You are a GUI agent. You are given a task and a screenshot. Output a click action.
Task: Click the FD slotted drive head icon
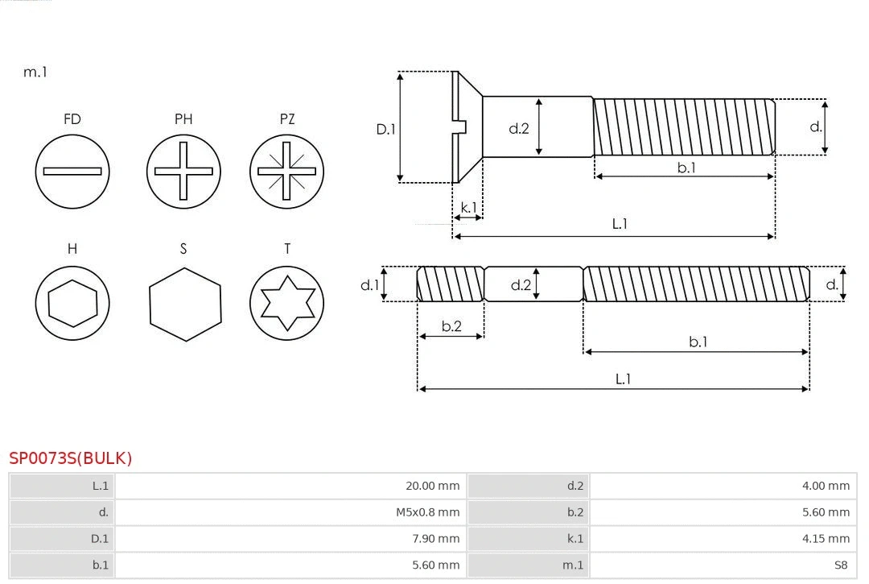pyautogui.click(x=72, y=172)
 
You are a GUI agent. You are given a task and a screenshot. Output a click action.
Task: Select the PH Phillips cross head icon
pyautogui.click(x=183, y=172)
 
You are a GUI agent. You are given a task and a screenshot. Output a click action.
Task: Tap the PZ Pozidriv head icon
pyautogui.click(x=286, y=172)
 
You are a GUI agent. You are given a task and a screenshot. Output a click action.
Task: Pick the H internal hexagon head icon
pyautogui.click(x=72, y=303)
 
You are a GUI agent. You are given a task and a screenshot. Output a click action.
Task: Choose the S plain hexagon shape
pyautogui.click(x=185, y=304)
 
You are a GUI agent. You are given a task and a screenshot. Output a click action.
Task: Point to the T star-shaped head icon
pyautogui.click(x=286, y=303)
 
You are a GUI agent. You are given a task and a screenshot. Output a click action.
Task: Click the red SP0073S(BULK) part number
pyautogui.click(x=71, y=458)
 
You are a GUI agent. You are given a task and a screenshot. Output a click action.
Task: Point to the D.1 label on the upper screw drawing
pyautogui.click(x=387, y=129)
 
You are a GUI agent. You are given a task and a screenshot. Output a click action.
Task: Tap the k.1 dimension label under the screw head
pyautogui.click(x=467, y=207)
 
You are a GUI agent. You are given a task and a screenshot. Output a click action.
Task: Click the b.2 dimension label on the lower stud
pyautogui.click(x=451, y=326)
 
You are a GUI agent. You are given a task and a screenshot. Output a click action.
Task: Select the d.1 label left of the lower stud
pyautogui.click(x=369, y=284)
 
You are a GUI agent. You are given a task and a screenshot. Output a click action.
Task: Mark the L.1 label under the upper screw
pyautogui.click(x=620, y=224)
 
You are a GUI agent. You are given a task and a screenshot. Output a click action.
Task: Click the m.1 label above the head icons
pyautogui.click(x=35, y=72)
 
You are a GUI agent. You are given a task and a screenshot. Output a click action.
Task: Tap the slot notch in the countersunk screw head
pyautogui.click(x=461, y=126)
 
